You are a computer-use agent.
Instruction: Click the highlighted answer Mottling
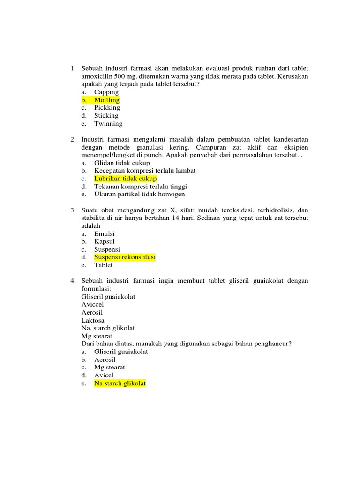[107, 100]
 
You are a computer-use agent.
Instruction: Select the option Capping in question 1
[106, 92]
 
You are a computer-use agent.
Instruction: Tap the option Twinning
[108, 124]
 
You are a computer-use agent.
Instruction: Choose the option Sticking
[106, 116]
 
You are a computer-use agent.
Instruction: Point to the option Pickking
[107, 108]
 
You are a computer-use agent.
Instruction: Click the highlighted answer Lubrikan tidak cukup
[125, 179]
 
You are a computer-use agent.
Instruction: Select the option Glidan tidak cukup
[122, 163]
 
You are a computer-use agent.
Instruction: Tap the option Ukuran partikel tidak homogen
[140, 194]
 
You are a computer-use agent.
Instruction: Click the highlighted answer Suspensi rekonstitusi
[125, 257]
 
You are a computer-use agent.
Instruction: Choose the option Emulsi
[105, 234]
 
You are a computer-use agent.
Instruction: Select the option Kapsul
[105, 241]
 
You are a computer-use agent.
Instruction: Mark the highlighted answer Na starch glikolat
[120, 383]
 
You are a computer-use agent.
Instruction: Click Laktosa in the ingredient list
[93, 320]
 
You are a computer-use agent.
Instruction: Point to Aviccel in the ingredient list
[93, 304]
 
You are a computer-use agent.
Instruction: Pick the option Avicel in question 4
[104, 375]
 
